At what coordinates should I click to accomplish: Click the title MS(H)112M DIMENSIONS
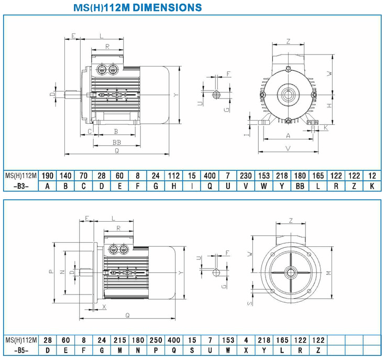[x=137, y=8]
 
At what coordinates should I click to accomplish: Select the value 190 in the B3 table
[x=47, y=176]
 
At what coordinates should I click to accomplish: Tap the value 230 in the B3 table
[x=246, y=176]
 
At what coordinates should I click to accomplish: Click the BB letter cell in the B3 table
[x=300, y=187]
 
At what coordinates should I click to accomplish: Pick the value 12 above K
[x=372, y=176]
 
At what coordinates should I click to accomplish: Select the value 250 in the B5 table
[x=156, y=340]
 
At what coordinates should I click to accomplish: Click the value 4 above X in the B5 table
[x=246, y=340]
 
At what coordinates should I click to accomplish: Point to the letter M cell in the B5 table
[x=119, y=351]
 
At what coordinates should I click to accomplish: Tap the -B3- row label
[x=21, y=187]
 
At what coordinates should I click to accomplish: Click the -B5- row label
[x=21, y=351]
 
